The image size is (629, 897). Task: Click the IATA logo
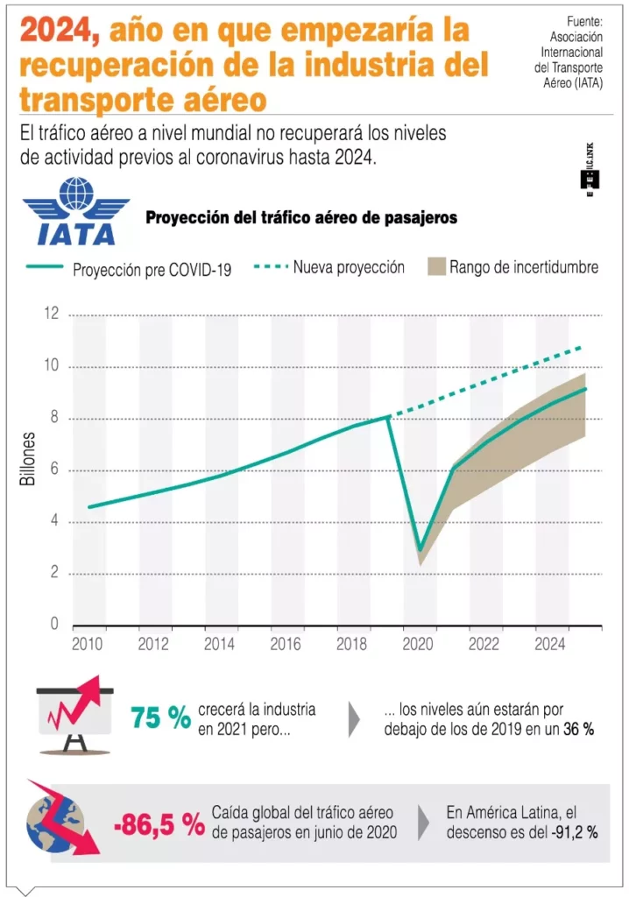point(76,211)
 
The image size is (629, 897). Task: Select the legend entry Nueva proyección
point(348,267)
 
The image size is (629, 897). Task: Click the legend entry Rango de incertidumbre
point(523,267)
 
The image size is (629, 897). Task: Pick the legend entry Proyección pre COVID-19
point(152,270)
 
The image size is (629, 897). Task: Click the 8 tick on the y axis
point(53,419)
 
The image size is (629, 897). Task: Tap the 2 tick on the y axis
point(53,575)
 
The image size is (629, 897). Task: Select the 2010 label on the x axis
point(88,645)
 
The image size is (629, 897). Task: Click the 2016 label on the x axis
point(286,645)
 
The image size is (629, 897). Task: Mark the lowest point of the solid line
point(421,551)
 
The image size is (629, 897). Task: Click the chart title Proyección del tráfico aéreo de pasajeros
point(300,217)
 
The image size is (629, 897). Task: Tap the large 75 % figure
point(160,718)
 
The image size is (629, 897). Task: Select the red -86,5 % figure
point(159,823)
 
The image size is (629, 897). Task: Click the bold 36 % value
point(579,729)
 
